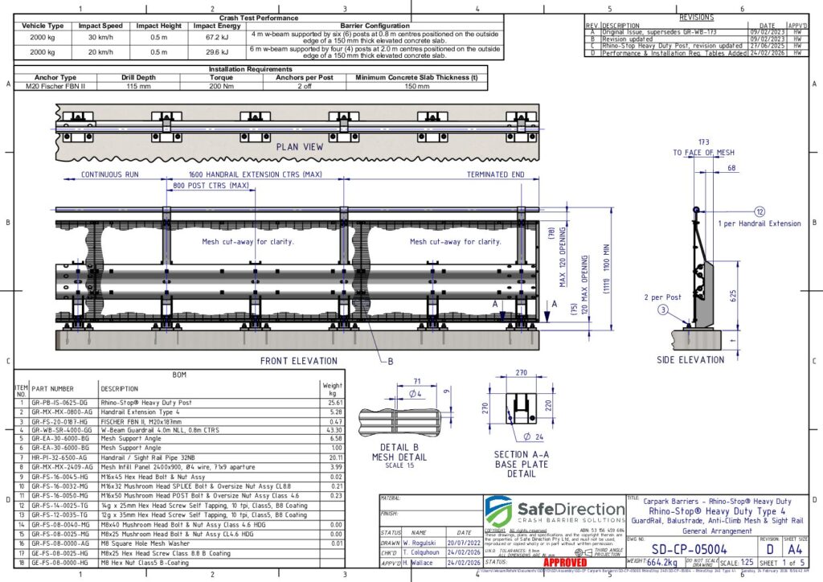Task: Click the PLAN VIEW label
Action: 300,147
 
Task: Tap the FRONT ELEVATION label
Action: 299,361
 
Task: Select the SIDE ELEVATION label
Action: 691,359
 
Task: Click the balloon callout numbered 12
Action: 760,211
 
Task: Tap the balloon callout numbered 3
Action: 662,309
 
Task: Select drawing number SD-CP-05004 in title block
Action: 686,548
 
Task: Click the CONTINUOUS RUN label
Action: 110,174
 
